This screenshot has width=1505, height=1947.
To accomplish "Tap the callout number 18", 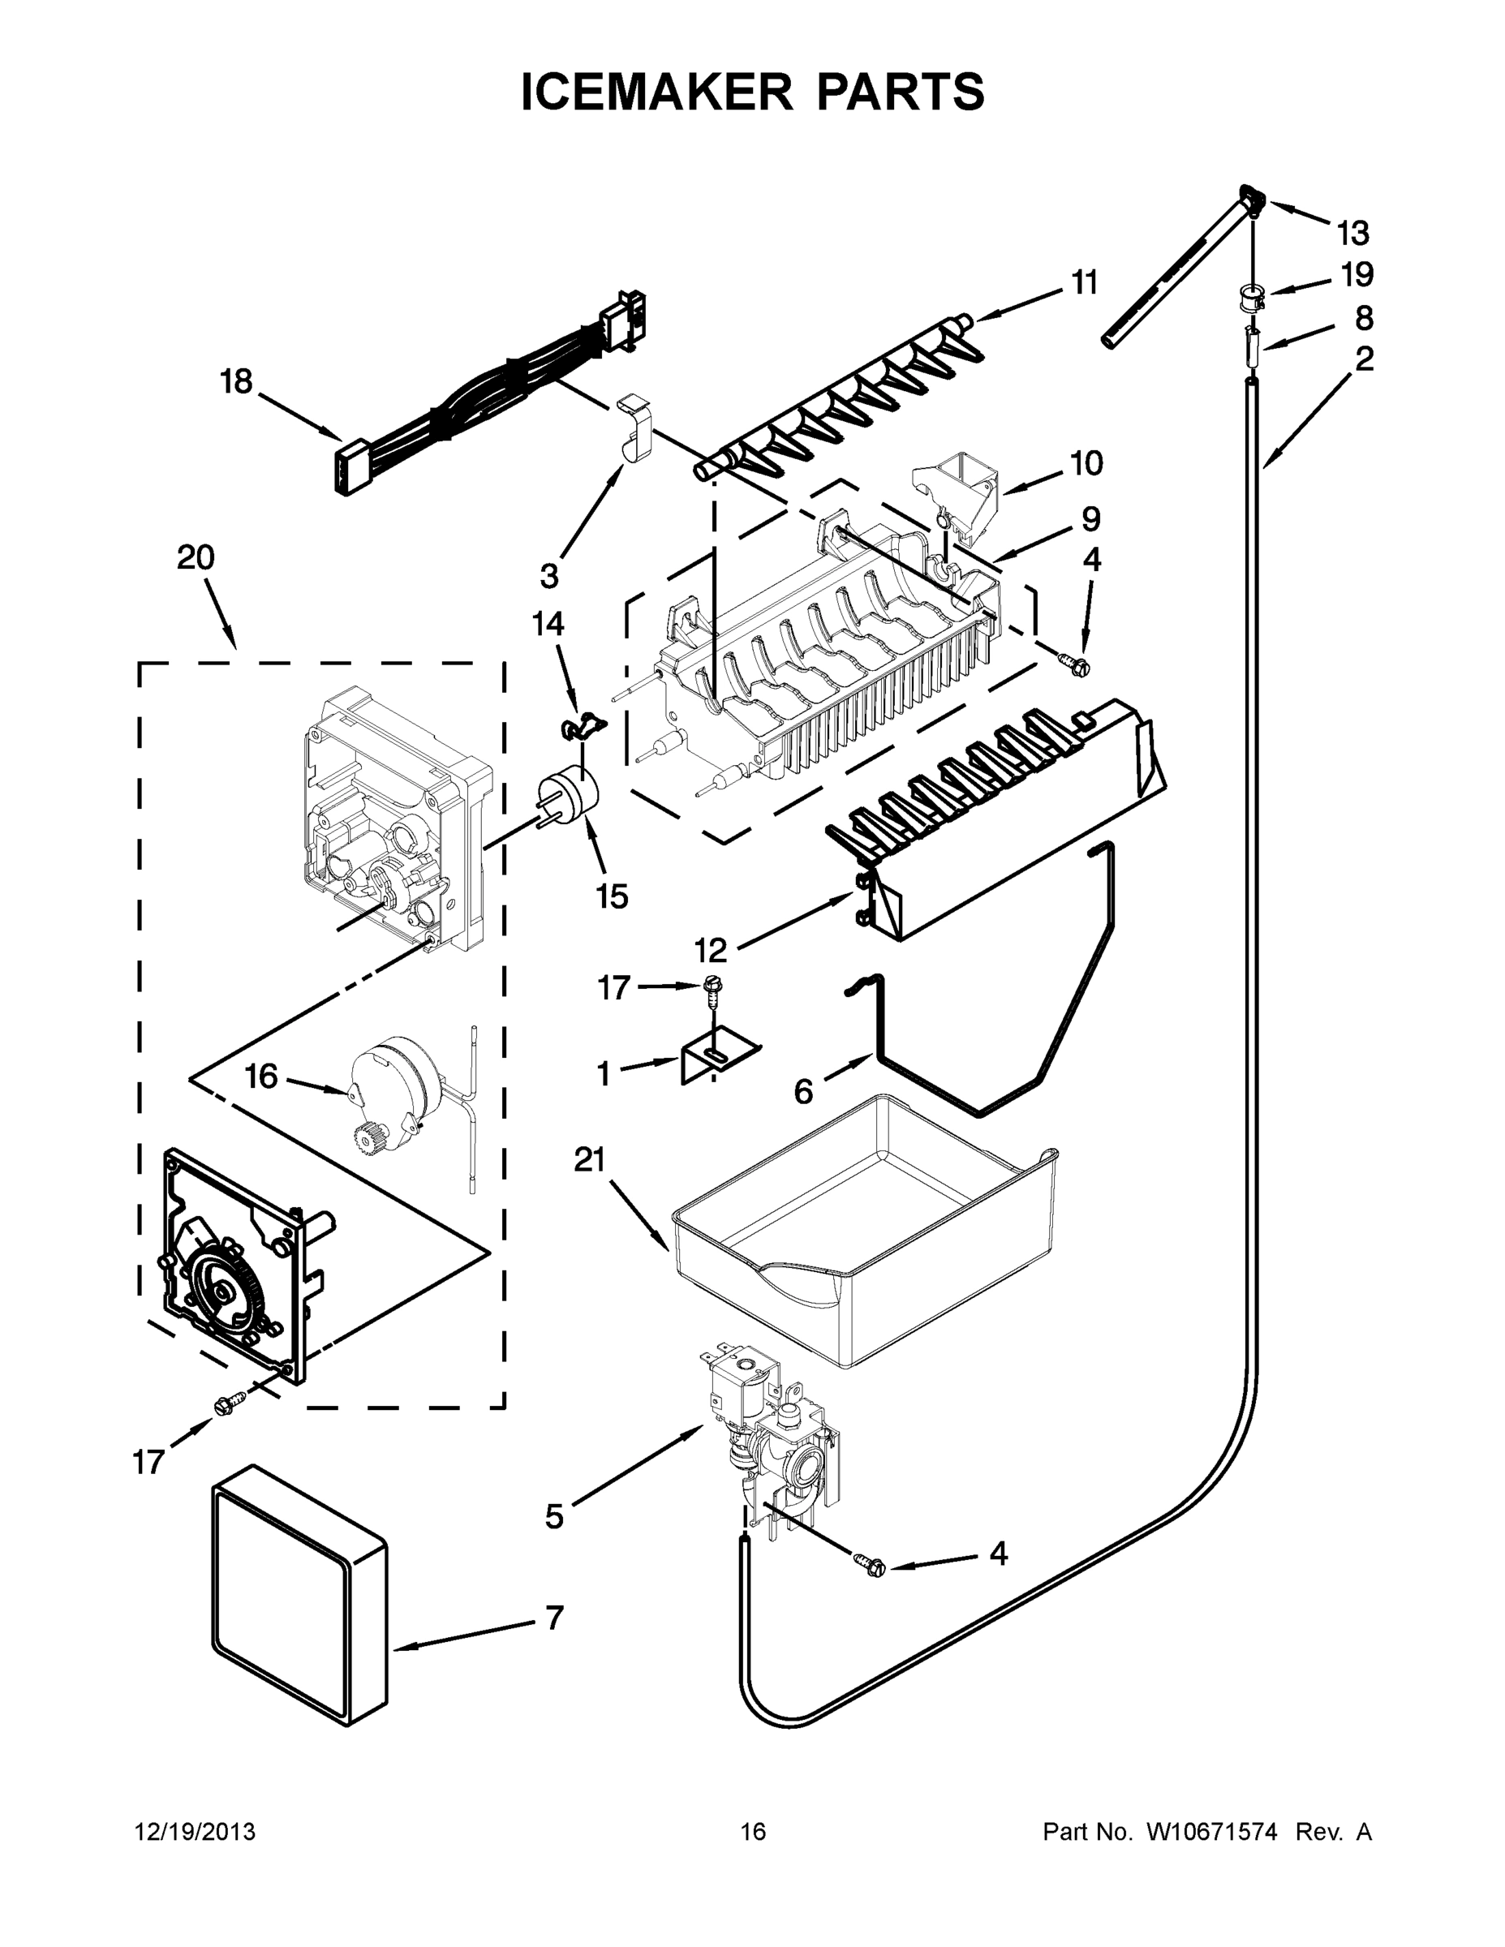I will (x=236, y=382).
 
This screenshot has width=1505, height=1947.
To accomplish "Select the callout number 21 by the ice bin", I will (x=589, y=1161).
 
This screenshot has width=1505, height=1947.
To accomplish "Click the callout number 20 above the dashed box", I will (x=196, y=558).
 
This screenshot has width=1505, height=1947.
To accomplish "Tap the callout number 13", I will (x=1352, y=234).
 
